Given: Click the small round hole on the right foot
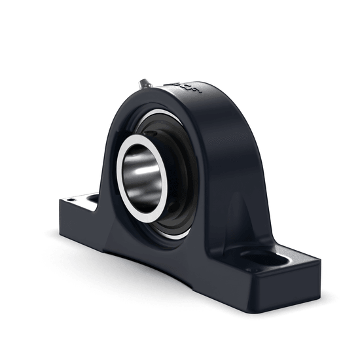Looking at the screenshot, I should [251, 269].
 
